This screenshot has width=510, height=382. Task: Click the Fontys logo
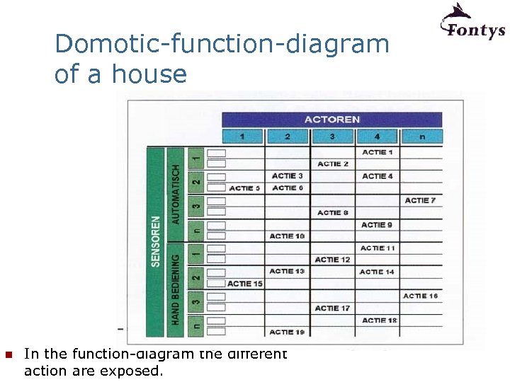tap(472, 22)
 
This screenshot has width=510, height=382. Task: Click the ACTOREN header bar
tap(331, 120)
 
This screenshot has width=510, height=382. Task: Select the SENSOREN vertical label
tap(155, 241)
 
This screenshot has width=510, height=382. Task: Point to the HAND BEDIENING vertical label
tap(176, 290)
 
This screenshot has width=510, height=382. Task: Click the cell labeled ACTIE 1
tap(377, 152)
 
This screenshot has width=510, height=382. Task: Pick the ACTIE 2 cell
tap(333, 164)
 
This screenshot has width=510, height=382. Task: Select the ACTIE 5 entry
tap(244, 188)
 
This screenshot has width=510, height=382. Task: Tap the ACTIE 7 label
tap(420, 200)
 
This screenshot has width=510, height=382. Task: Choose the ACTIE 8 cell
tap(333, 212)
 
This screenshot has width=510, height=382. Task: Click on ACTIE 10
tap(287, 236)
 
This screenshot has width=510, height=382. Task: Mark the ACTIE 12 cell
tap(333, 260)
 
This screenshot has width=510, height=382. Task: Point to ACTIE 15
tap(244, 284)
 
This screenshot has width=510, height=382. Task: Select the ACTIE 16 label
tap(420, 296)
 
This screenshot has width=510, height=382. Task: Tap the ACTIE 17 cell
tap(333, 308)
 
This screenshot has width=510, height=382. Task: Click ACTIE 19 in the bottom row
tap(287, 332)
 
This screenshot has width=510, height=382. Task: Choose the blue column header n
tap(421, 137)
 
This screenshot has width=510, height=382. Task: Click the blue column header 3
tap(332, 137)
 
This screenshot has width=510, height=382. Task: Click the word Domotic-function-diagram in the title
tap(222, 44)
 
